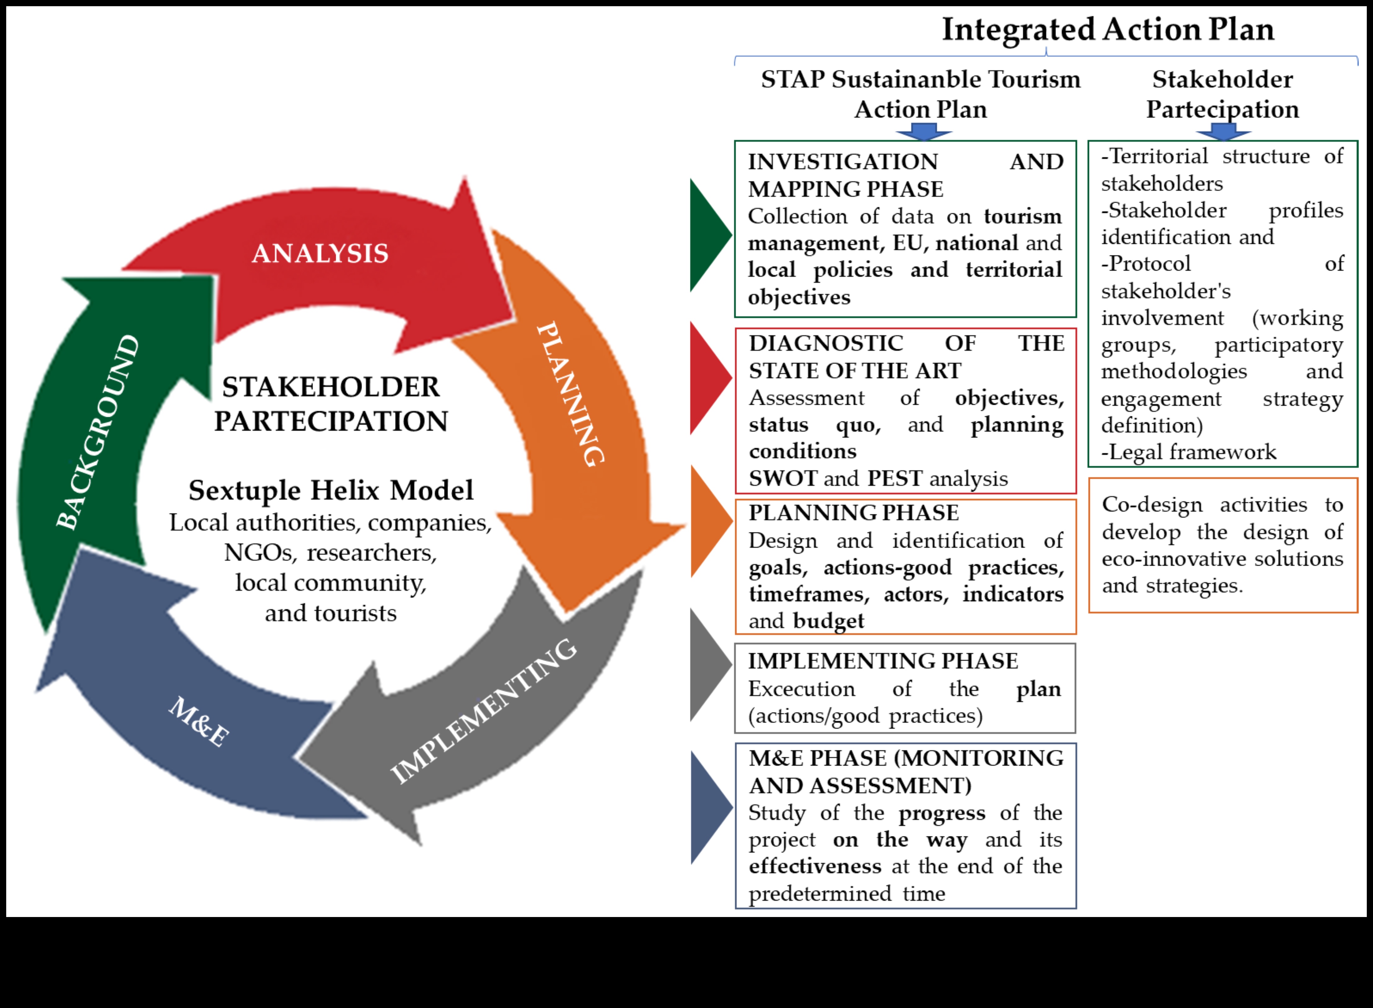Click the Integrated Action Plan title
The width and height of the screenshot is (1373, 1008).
pos(1108,29)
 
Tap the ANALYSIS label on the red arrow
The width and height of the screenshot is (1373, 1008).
pos(320,253)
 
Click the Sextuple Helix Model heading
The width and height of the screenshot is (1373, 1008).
pos(331,490)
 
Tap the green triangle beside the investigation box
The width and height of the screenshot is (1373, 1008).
pos(708,234)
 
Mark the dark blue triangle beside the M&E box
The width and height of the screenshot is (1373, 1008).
pos(708,807)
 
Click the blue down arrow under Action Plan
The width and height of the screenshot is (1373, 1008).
pos(923,131)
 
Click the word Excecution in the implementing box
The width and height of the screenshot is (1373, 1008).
pos(801,689)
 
